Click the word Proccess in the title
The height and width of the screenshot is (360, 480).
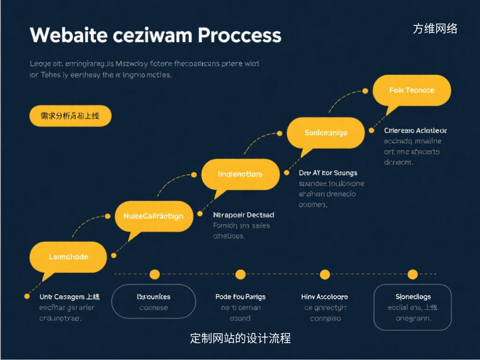pyautogui.click(x=240, y=36)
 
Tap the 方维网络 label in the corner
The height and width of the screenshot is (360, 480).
pyautogui.click(x=435, y=29)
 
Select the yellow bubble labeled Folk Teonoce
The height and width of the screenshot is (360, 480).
pyautogui.click(x=412, y=90)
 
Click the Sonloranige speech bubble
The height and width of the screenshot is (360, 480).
pyautogui.click(x=325, y=133)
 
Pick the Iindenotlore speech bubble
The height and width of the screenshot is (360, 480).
pyautogui.click(x=240, y=174)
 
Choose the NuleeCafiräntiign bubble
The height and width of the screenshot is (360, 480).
pyautogui.click(x=153, y=216)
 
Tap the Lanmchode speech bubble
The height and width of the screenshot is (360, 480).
pyautogui.click(x=68, y=257)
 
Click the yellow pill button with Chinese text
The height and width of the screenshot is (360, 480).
pyautogui.click(x=70, y=116)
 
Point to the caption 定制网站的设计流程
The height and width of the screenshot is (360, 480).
pyautogui.click(x=240, y=338)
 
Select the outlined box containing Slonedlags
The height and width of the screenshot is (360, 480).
pyautogui.click(x=412, y=307)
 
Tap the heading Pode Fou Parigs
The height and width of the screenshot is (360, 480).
pyautogui.click(x=240, y=297)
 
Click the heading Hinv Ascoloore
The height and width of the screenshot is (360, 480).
pyautogui.click(x=324, y=297)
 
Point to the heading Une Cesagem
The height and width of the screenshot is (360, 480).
pyautogui.click(x=69, y=297)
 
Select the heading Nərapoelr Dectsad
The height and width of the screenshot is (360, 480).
pyautogui.click(x=243, y=215)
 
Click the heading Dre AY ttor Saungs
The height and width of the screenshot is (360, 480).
pyautogui.click(x=328, y=173)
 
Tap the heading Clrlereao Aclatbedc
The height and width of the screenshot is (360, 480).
pyautogui.click(x=415, y=131)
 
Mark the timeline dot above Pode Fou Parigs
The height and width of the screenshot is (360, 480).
pyautogui.click(x=240, y=274)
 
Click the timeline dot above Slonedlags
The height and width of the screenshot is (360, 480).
pyautogui.click(x=412, y=274)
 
